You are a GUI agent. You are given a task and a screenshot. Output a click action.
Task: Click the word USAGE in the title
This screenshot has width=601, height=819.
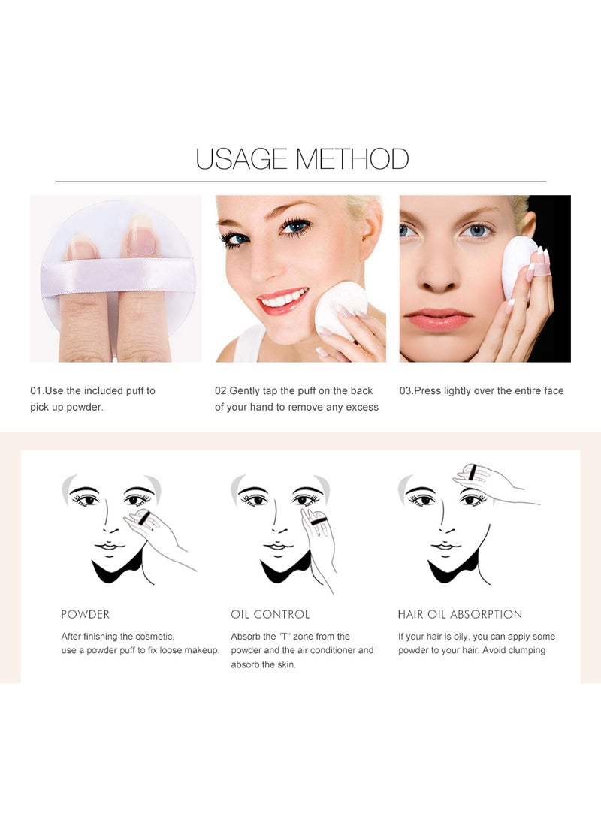point(241,159)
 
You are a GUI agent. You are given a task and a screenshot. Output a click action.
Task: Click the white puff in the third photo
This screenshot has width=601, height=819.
point(518,267)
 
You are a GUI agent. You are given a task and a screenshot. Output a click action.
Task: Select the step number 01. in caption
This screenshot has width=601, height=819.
point(36,391)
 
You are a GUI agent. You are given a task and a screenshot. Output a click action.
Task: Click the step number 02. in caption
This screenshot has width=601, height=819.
point(222,391)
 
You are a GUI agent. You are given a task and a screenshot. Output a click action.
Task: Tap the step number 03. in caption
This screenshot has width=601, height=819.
point(406,391)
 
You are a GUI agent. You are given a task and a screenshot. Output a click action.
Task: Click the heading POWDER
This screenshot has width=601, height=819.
point(85,614)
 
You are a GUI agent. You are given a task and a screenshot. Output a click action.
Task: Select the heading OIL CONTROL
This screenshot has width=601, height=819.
point(270,614)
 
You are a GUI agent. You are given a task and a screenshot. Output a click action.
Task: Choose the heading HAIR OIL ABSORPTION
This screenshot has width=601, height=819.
point(460,614)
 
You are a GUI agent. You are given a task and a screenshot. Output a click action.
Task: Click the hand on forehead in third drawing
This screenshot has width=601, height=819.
point(481,480)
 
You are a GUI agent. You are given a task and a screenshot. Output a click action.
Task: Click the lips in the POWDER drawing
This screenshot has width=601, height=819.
point(109,546)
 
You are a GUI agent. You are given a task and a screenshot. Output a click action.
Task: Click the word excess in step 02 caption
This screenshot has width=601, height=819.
point(361,408)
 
